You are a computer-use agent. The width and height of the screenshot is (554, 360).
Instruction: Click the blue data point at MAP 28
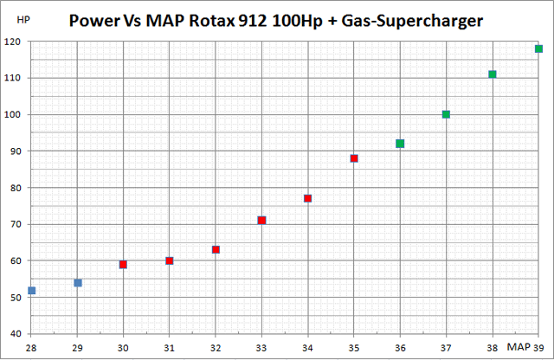click(32, 291)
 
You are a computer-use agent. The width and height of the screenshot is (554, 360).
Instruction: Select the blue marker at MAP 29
click(78, 282)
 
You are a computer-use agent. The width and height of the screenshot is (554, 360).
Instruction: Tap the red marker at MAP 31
click(170, 260)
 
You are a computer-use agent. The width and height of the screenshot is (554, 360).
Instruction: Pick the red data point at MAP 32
click(216, 249)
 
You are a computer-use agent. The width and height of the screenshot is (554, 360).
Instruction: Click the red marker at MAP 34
click(307, 198)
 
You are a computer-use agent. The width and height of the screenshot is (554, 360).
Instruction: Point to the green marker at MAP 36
click(400, 144)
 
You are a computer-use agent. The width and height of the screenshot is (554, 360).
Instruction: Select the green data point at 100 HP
click(446, 114)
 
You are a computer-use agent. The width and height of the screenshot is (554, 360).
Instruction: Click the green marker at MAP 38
click(493, 74)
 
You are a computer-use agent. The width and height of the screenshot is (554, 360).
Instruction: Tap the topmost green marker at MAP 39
click(538, 48)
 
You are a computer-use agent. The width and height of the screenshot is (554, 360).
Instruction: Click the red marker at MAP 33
click(261, 221)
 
